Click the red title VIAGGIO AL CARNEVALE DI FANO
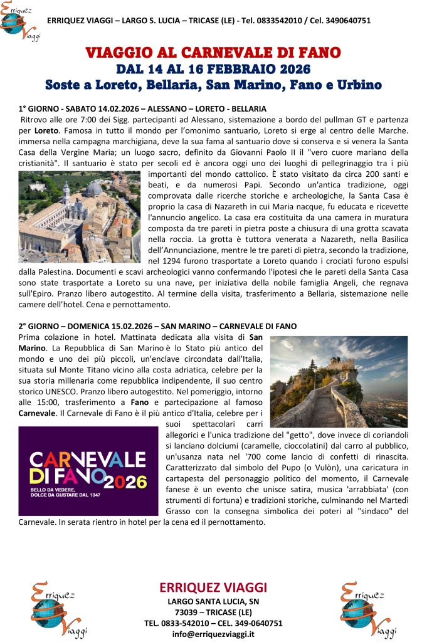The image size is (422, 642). click(213, 52)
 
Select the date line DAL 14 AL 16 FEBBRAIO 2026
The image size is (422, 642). click(213, 68)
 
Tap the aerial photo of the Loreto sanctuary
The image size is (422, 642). click(79, 216)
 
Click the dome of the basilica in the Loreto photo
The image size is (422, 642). click(94, 189)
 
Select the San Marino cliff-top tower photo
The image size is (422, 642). click(338, 382)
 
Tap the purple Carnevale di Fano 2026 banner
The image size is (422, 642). click(88, 471)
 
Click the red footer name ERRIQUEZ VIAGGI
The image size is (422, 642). click(213, 587)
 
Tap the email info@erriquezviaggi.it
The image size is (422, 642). click(213, 634)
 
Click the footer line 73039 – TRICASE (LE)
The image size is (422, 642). click(213, 612)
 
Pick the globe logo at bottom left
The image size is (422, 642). click(57, 609)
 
